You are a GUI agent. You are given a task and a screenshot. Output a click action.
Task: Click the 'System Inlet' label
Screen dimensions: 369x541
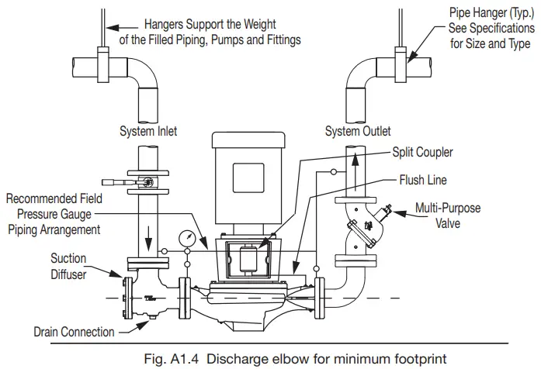(x=147, y=131)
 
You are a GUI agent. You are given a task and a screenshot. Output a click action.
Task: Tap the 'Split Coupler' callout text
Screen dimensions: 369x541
(x=423, y=153)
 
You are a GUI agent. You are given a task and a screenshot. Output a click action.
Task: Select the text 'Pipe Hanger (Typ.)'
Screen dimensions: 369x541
(x=481, y=13)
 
